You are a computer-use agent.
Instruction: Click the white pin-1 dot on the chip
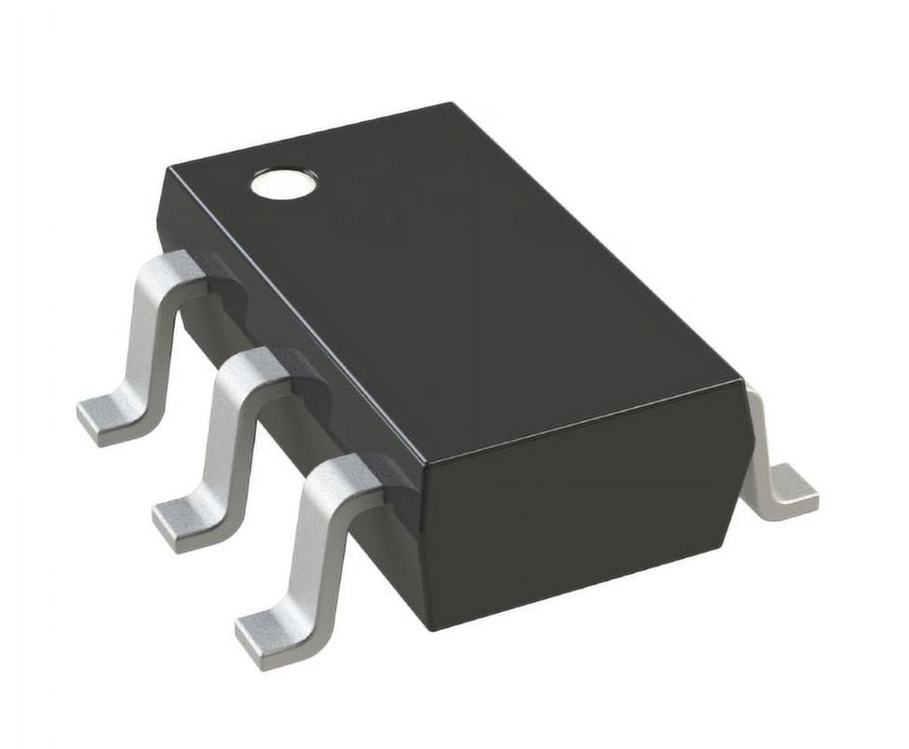(x=283, y=184)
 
